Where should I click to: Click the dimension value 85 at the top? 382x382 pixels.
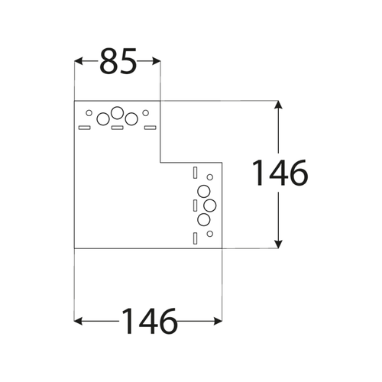click(x=118, y=61)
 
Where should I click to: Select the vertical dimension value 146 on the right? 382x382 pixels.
click(x=280, y=173)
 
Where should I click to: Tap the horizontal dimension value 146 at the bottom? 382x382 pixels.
click(x=149, y=321)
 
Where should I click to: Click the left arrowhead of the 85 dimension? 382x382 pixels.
click(x=78, y=61)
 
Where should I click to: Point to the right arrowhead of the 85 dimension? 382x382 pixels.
click(x=156, y=61)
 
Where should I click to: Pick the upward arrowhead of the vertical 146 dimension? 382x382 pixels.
click(x=278, y=105)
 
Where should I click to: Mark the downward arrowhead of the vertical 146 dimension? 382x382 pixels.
click(x=278, y=244)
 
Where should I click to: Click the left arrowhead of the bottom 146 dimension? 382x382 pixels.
click(x=78, y=321)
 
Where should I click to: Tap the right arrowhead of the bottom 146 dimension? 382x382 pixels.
click(x=218, y=321)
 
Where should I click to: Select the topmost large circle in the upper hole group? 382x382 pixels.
click(x=118, y=113)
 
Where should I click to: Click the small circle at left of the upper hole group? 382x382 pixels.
click(x=89, y=113)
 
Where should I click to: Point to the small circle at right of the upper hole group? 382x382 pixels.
click(x=145, y=113)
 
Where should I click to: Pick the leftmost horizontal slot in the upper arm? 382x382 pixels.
click(x=85, y=128)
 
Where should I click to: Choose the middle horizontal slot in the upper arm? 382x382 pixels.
click(x=118, y=128)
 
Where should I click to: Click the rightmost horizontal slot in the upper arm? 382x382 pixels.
click(x=151, y=128)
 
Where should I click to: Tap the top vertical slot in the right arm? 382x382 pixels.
click(x=195, y=173)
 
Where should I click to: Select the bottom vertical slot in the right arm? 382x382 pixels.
click(x=195, y=238)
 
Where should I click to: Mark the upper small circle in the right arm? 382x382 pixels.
click(x=210, y=177)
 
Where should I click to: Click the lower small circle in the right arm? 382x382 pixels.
click(x=210, y=234)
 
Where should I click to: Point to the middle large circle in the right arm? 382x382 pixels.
click(x=210, y=206)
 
